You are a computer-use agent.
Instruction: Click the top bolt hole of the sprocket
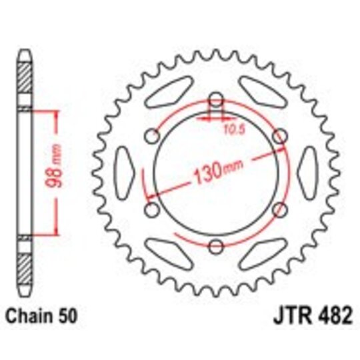pos(215,101)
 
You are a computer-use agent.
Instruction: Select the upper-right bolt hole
pos(280,138)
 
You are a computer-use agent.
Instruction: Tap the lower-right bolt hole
pos(280,211)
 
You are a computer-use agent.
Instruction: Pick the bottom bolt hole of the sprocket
pos(215,248)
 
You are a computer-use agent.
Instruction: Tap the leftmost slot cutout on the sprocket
pos(126,175)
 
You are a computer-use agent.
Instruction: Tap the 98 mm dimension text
pos(58,172)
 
